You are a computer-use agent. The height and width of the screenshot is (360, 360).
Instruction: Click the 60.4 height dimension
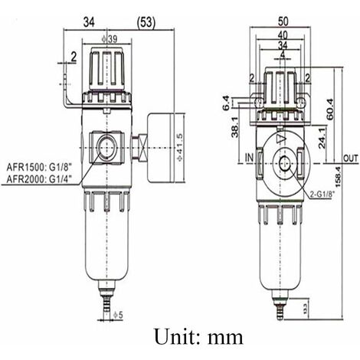point(329,107)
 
